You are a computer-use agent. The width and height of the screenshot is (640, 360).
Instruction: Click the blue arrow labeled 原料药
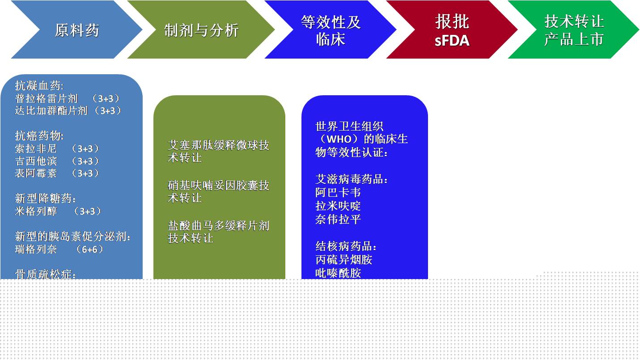click(x=77, y=30)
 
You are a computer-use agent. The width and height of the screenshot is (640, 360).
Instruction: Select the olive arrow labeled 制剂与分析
click(x=201, y=30)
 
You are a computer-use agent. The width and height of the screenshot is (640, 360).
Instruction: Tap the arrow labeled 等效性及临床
click(x=331, y=30)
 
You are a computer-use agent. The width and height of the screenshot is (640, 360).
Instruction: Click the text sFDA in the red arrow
click(x=452, y=40)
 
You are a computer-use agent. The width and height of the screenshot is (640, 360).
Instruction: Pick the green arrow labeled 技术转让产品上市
click(x=574, y=30)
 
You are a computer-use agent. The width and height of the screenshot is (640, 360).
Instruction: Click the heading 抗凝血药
click(x=39, y=85)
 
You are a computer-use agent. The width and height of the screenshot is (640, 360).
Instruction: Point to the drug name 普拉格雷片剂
click(x=46, y=98)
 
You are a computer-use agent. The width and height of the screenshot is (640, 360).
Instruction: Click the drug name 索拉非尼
click(x=36, y=148)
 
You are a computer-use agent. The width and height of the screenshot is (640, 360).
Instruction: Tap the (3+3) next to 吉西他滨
click(x=85, y=161)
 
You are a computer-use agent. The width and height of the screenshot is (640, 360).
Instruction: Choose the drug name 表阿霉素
click(x=36, y=173)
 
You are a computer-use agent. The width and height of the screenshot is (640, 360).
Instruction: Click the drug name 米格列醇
click(x=36, y=211)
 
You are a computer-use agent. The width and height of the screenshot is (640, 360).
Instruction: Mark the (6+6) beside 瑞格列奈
click(x=89, y=249)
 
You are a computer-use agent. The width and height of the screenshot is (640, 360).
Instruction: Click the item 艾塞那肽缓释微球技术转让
click(x=219, y=152)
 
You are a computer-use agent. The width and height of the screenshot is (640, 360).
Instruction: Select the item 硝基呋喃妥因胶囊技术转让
click(x=219, y=191)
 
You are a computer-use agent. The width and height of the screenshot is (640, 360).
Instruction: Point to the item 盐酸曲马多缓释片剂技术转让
click(x=219, y=232)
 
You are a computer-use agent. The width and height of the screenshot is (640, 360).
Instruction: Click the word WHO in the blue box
click(x=339, y=139)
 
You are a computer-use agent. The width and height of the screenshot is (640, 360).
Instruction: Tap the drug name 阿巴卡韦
click(x=338, y=192)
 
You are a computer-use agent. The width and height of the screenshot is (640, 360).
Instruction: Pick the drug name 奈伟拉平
click(x=338, y=219)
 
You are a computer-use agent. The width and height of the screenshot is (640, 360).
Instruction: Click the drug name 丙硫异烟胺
click(x=344, y=259)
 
